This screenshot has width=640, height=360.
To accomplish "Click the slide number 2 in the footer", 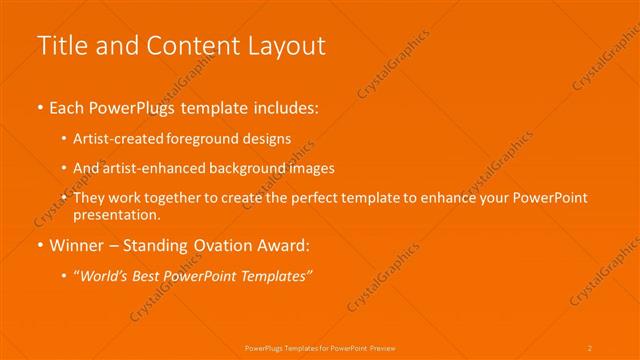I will [x=590, y=347].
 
